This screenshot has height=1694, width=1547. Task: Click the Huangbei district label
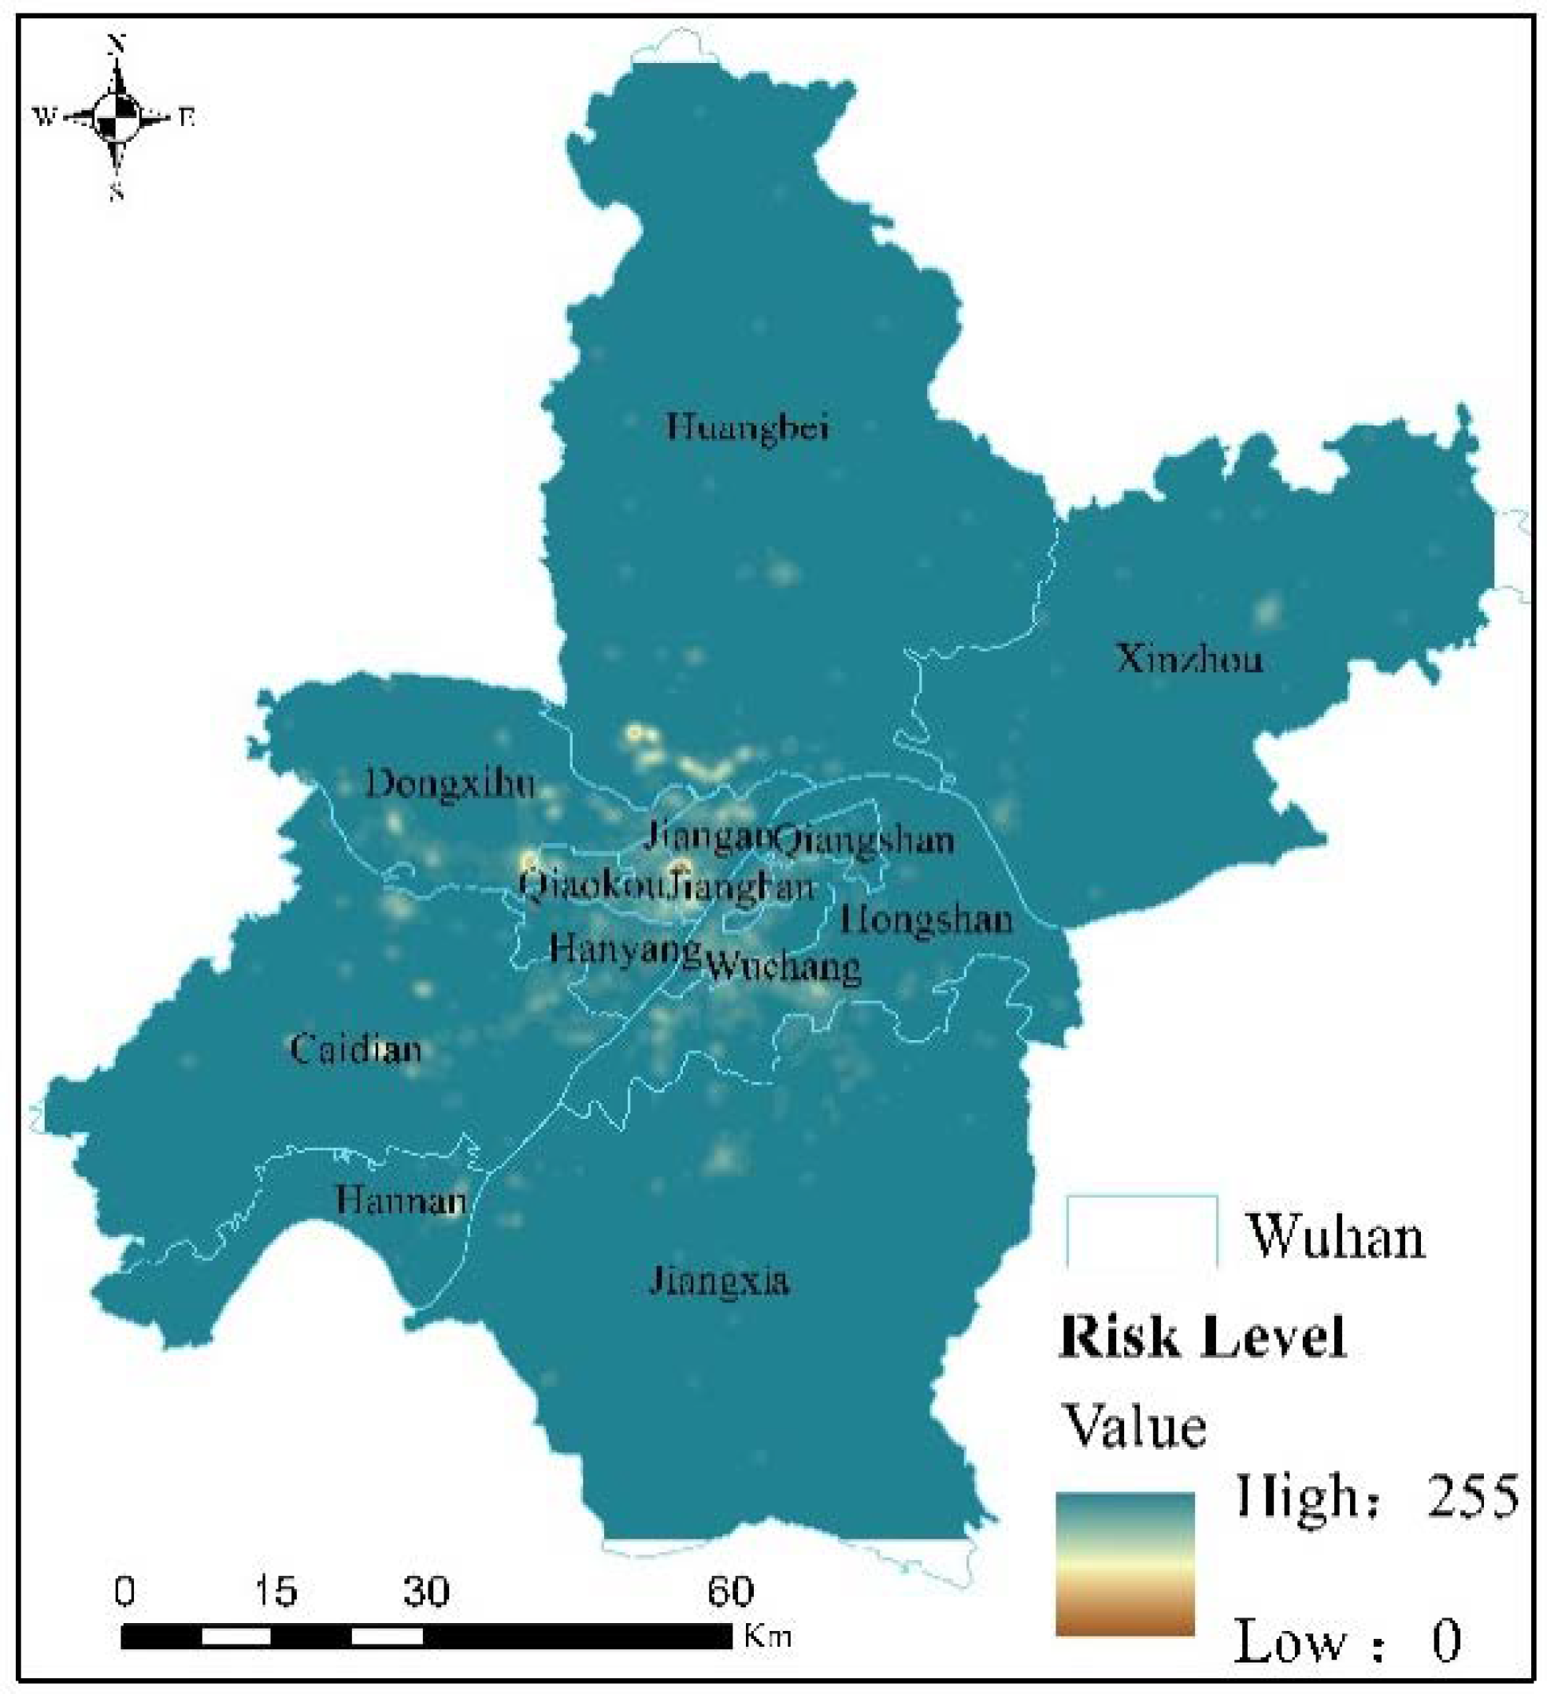pyautogui.click(x=747, y=427)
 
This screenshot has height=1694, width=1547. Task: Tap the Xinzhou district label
pyautogui.click(x=1189, y=658)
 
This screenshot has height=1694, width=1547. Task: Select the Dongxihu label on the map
pyautogui.click(x=451, y=784)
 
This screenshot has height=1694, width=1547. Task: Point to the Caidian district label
pyautogui.click(x=355, y=1049)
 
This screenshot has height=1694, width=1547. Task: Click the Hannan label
pyautogui.click(x=401, y=1199)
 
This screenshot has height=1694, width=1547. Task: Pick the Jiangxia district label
pyautogui.click(x=719, y=1281)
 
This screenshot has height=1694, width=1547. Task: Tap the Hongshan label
pyautogui.click(x=926, y=920)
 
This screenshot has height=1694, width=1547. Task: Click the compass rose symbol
pyautogui.click(x=116, y=116)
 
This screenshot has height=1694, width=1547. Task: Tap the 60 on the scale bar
pyautogui.click(x=729, y=1591)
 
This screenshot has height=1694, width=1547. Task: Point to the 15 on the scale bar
pyautogui.click(x=275, y=1591)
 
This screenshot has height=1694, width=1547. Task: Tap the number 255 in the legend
pyautogui.click(x=1472, y=1496)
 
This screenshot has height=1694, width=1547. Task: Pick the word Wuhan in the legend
pyautogui.click(x=1337, y=1238)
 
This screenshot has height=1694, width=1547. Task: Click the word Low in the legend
pyautogui.click(x=1289, y=1640)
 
